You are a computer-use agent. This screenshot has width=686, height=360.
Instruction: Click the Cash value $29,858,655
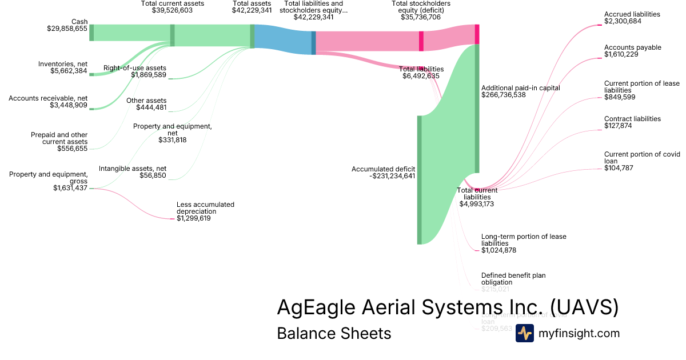[67, 28]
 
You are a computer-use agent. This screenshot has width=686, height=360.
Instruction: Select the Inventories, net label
[63, 64]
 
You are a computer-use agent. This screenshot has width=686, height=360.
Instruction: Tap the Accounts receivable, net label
[47, 98]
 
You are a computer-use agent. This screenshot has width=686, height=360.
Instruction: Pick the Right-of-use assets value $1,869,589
[149, 75]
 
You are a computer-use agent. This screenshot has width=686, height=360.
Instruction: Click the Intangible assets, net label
[133, 169]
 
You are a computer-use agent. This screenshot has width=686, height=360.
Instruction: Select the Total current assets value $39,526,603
[172, 10]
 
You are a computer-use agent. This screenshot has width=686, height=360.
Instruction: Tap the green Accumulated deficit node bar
[419, 179]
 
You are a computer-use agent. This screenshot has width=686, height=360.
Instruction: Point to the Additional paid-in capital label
[520, 88]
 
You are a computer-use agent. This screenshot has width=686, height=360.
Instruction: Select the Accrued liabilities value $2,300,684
[623, 21]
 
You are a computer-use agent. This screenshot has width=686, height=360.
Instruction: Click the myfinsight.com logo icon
[524, 333]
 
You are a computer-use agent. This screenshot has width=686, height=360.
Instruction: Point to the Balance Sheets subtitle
[334, 333]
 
